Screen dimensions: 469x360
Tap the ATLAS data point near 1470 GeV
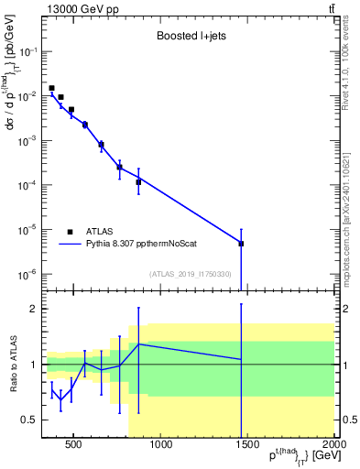point(241,244)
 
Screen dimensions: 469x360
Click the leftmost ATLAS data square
point(51,88)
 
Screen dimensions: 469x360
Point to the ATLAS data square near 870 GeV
point(138,182)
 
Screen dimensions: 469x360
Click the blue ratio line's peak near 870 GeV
point(138,344)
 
